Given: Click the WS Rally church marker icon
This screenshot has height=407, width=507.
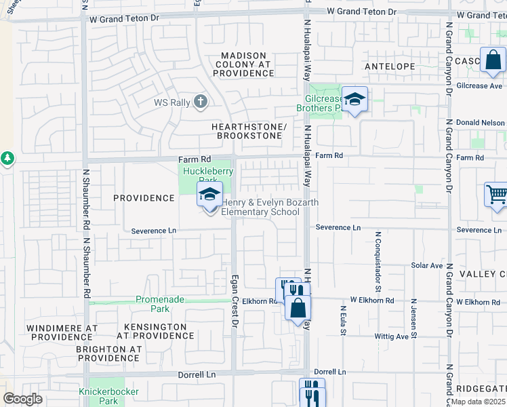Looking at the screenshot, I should (199, 102).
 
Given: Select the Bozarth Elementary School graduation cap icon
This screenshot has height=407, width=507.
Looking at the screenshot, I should (210, 195).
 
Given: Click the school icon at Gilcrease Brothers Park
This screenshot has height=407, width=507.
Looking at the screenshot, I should (354, 100).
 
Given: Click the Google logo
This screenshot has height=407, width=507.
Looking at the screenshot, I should (22, 399).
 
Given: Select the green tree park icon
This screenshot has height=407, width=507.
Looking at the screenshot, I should (7, 158).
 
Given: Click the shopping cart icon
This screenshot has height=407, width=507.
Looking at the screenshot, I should (497, 195).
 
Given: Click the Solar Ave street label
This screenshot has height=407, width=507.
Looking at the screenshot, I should (426, 266).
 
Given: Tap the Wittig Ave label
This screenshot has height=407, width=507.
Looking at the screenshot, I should (392, 336).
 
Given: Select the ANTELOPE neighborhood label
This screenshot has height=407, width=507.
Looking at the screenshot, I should (389, 66).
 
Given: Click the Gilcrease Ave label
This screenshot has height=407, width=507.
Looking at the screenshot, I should (479, 86).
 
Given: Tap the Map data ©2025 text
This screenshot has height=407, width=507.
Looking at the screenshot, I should (479, 402).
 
